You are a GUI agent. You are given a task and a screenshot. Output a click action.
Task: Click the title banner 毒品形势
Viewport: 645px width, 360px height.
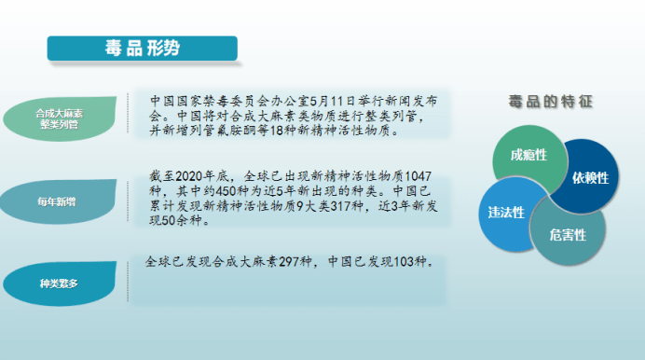pyautogui.click(x=143, y=48)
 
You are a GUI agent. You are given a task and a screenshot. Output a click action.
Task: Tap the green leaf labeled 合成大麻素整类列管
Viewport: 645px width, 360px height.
pyautogui.click(x=60, y=118)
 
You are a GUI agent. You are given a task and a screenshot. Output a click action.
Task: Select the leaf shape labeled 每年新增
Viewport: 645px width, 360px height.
pyautogui.click(x=59, y=201)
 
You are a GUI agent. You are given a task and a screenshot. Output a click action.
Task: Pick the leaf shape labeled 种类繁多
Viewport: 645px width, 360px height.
pyautogui.click(x=60, y=284)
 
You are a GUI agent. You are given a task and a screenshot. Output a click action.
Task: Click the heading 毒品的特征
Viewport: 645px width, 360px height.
pyautogui.click(x=551, y=102)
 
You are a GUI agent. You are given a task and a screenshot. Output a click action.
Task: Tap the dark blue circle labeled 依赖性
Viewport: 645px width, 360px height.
pyautogui.click(x=586, y=176)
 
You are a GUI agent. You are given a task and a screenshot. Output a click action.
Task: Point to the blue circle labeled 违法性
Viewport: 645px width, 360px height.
pyautogui.click(x=507, y=214)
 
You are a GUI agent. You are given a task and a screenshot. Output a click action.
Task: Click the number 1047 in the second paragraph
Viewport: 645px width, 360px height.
pyautogui.click(x=418, y=176)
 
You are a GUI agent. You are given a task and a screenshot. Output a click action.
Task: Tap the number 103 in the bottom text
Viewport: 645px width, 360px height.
pyautogui.click(x=404, y=262)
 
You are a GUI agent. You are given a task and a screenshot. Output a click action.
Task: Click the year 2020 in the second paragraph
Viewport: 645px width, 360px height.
pyautogui.click(x=189, y=176)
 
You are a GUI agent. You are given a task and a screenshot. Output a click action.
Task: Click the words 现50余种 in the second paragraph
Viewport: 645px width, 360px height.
pyautogui.click(x=175, y=220)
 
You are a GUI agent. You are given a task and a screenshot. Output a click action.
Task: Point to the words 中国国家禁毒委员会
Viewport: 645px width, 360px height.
pyautogui.click(x=209, y=101)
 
